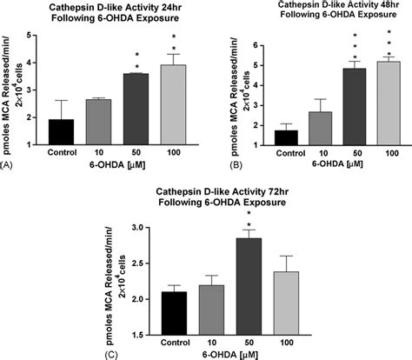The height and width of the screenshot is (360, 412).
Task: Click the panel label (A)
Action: [x=9, y=163]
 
